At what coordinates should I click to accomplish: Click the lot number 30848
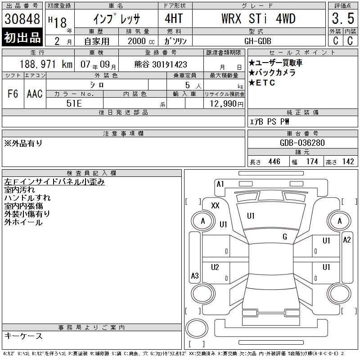22,18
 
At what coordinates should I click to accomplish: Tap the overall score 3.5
343,18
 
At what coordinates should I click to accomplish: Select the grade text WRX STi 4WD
258,18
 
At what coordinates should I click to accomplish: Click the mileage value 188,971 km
46,64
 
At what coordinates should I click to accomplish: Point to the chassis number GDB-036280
302,143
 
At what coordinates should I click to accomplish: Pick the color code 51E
74,103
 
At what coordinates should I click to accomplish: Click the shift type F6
13,94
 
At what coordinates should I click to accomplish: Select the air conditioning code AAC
35,94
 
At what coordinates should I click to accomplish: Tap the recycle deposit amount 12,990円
227,104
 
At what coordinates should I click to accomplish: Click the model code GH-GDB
257,41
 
